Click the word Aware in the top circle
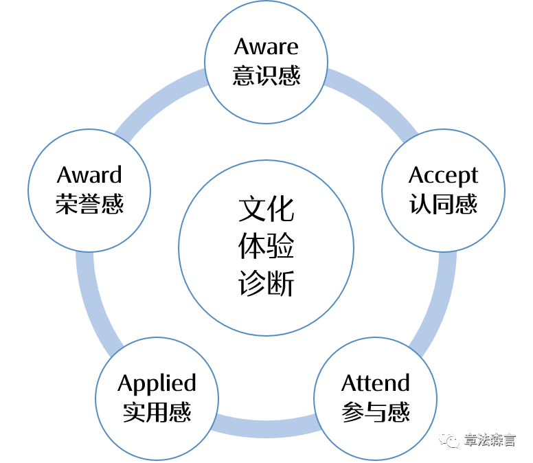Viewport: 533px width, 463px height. pos(266,47)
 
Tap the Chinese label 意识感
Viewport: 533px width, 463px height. pos(266,75)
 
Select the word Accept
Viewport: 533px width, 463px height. pos(443,175)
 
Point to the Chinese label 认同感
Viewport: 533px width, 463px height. pos(443,204)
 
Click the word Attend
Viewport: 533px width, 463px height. pos(375,383)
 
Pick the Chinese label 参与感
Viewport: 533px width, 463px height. pos(375,411)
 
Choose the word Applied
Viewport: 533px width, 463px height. pos(157,383)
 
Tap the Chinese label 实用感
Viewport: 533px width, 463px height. pos(157,411)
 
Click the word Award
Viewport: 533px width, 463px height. pos(89,175)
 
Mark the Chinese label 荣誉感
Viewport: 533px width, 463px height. pos(89,204)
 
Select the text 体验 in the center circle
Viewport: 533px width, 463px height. pos(266,247)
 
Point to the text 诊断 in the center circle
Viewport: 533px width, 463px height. pos(266,283)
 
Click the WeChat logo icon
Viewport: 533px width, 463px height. pos(450,438)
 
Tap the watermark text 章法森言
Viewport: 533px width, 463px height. pos(489,440)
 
